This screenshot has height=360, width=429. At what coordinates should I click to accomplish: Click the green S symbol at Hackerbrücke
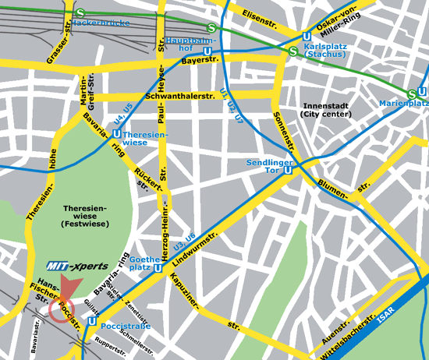tap(81, 13)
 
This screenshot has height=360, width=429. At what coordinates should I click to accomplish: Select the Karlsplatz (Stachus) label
tap(330, 51)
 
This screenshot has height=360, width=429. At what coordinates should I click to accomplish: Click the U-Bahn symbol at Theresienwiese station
tap(116, 134)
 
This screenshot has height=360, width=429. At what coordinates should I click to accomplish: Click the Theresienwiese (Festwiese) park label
tap(83, 219)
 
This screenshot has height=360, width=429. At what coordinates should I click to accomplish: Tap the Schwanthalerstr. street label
tap(179, 95)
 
